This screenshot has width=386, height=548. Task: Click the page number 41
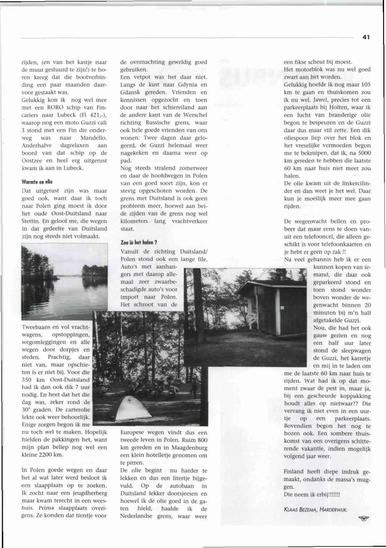pyautogui.click(x=365, y=37)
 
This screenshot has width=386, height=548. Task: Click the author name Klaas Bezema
pyautogui.click(x=301, y=509)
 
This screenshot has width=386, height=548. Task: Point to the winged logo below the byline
pyautogui.click(x=363, y=518)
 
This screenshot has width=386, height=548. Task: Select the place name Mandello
pyautogui.click(x=94, y=138)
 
